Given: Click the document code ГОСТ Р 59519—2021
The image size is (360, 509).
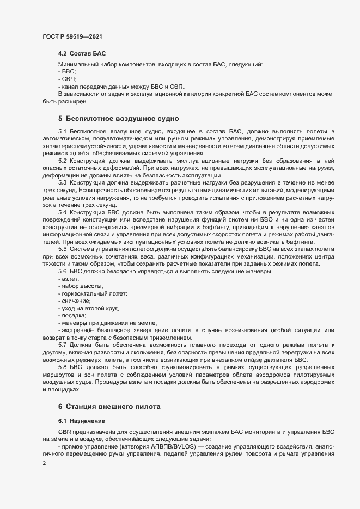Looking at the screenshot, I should pyautogui.click(x=72, y=36).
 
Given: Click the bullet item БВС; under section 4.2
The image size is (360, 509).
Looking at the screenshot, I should pyautogui.click(x=68, y=72).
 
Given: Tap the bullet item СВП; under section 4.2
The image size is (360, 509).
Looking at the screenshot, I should pyautogui.click(x=68, y=79).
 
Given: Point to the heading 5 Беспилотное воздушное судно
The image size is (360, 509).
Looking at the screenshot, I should pyautogui.click(x=119, y=118).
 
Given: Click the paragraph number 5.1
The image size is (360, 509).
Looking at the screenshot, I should pyautogui.click(x=62, y=131).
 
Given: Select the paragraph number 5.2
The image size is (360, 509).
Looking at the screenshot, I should pyautogui.click(x=62, y=161).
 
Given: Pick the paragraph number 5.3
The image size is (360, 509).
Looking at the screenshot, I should pyautogui.click(x=62, y=182).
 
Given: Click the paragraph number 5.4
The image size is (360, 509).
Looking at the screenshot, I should pyautogui.click(x=62, y=212).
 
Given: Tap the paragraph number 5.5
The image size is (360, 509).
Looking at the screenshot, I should pyautogui.click(x=62, y=249).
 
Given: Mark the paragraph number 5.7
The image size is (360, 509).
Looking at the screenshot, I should pyautogui.click(x=62, y=345).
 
